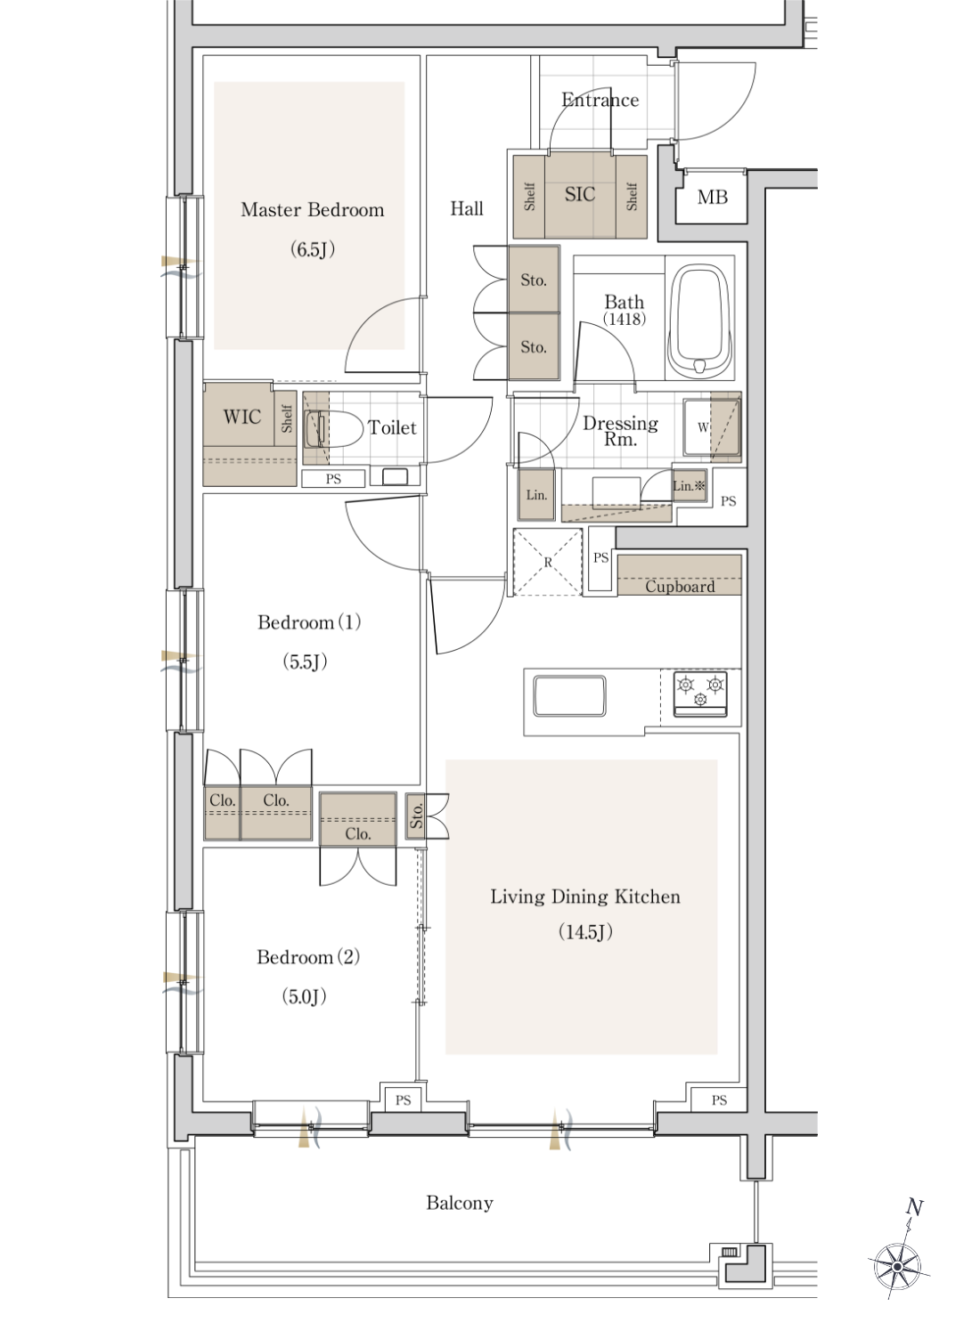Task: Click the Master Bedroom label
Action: point(312,210)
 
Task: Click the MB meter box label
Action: point(712,197)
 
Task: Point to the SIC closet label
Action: point(580,194)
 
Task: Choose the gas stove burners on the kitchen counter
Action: point(700,694)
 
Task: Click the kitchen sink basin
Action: point(569,696)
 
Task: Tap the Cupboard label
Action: point(680,587)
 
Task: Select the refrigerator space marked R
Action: point(547,563)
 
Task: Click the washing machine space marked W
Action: point(703,427)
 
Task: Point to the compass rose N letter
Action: point(914,1207)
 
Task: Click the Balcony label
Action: point(460,1204)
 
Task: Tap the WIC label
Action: point(241,418)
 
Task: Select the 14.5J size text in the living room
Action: point(585,931)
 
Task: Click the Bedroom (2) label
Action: point(308,957)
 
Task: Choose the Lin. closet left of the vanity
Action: point(536,494)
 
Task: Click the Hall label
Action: point(467,208)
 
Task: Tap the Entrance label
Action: point(600,100)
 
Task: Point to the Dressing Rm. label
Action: point(620,430)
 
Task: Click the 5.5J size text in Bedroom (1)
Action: point(305,661)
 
